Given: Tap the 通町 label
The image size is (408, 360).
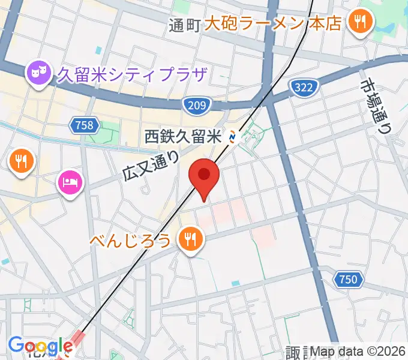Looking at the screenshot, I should [x=183, y=25].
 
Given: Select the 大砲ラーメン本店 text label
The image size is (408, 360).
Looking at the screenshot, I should [x=273, y=23].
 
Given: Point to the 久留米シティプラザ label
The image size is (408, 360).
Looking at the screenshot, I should [x=131, y=74].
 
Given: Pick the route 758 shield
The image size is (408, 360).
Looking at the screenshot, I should [x=85, y=125].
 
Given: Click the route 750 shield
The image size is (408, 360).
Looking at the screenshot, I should [x=347, y=279].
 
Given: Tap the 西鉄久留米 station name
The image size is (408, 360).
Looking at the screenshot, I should [x=184, y=137].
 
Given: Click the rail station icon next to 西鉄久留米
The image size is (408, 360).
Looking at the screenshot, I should [x=233, y=137].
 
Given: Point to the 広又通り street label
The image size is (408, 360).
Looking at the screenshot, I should [x=151, y=166].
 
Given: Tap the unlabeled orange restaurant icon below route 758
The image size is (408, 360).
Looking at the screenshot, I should [x=22, y=160].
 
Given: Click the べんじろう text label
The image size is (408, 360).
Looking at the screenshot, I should [x=131, y=241].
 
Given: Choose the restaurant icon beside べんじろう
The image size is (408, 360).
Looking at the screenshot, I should [x=190, y=240].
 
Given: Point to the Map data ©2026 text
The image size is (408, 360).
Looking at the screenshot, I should [x=358, y=350].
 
